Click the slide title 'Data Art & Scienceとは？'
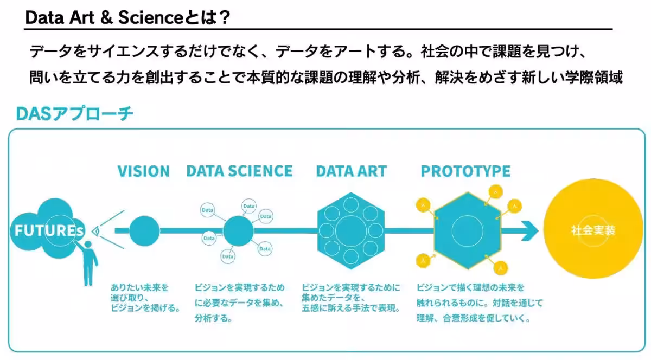(x=127, y=17)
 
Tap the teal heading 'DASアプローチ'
(x=74, y=113)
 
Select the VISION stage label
(x=144, y=171)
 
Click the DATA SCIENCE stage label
(x=239, y=171)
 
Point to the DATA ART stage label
(x=352, y=171)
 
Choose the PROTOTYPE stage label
(x=465, y=171)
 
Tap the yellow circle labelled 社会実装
(x=593, y=229)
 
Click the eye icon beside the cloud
(x=96, y=232)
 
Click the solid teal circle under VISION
(x=144, y=231)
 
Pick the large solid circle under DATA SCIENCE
(x=238, y=231)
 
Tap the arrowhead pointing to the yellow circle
(x=529, y=231)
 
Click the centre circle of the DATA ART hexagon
(x=351, y=231)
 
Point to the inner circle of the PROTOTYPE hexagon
(x=467, y=231)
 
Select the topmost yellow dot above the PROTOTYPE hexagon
(x=495, y=192)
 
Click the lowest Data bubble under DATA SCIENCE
(x=228, y=256)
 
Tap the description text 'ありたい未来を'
(x=139, y=287)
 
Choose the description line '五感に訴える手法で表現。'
(x=351, y=308)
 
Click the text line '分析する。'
(x=214, y=318)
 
